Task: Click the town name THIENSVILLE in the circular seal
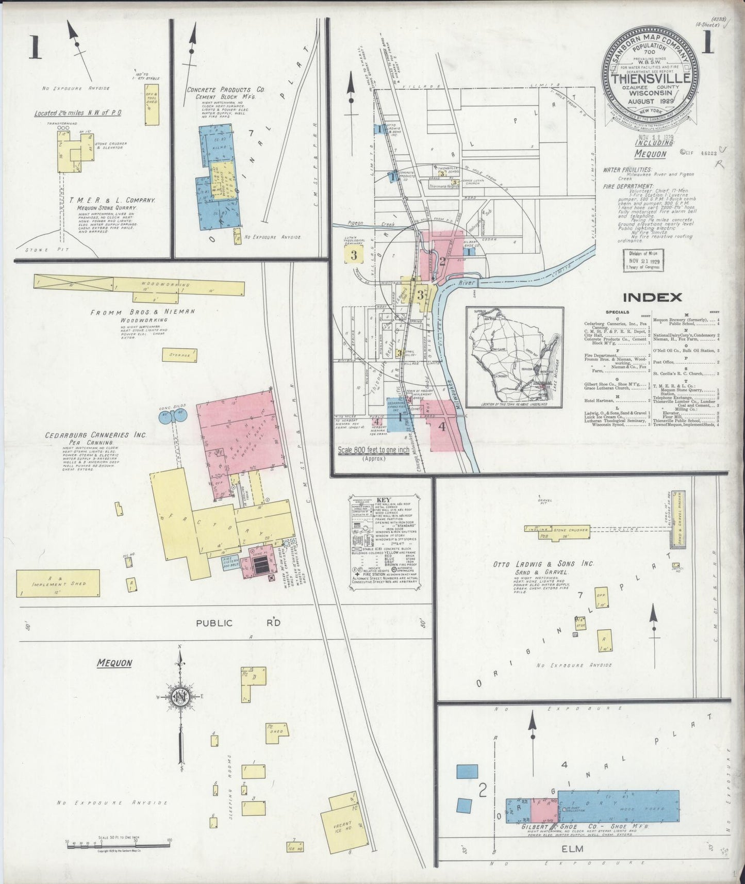(651, 79)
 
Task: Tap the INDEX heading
(652, 297)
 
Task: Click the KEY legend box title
(384, 500)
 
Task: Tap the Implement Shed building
(58, 583)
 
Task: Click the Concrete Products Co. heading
(225, 90)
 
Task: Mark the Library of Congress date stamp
(643, 260)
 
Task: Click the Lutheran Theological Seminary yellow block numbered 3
(354, 255)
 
